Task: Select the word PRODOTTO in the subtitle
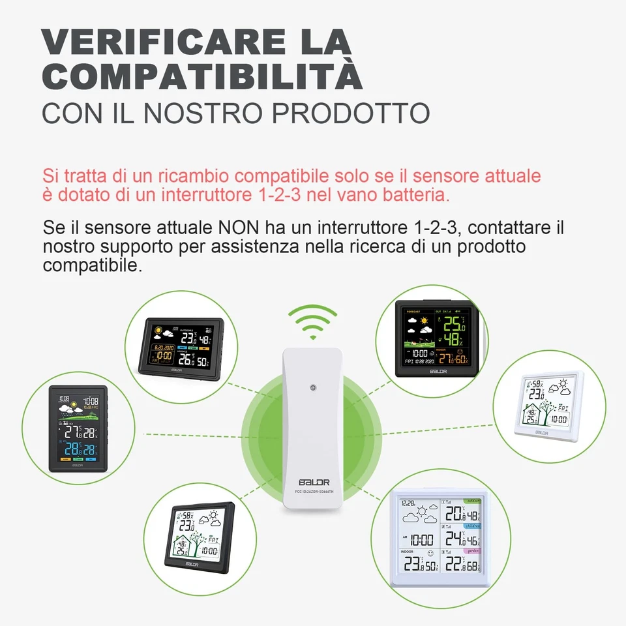(350, 112)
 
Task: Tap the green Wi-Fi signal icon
(313, 321)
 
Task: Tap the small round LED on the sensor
(314, 387)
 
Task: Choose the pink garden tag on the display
(471, 550)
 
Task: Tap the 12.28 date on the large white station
(409, 503)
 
